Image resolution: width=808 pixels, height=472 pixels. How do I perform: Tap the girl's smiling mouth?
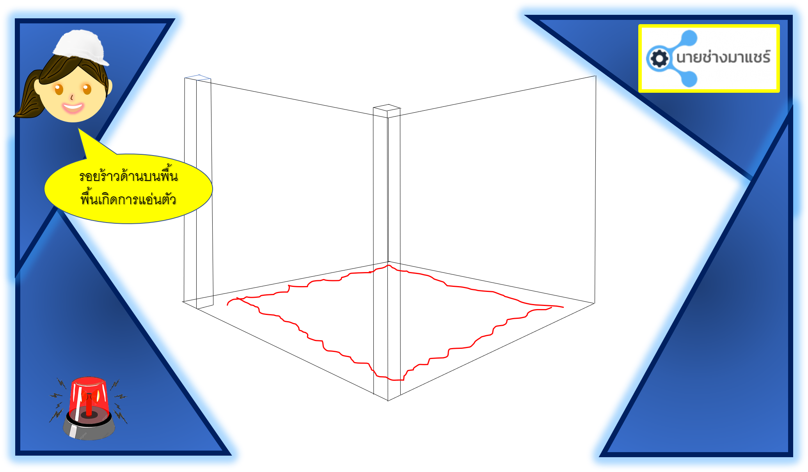point(73,107)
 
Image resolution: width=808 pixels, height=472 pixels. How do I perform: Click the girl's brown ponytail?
point(27,95)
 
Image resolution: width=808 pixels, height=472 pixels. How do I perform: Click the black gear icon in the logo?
point(659,59)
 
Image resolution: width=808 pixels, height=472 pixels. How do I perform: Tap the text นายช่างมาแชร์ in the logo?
point(723,57)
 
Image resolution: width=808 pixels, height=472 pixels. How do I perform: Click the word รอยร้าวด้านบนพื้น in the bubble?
point(128,176)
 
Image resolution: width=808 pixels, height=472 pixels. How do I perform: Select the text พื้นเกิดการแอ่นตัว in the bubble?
point(128,199)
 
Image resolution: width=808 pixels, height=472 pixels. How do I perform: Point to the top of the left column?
point(198,78)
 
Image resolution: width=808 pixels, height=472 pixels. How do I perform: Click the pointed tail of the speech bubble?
point(79,129)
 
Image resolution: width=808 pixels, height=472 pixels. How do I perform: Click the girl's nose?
point(72,97)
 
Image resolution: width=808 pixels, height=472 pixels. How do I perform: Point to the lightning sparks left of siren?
point(57,401)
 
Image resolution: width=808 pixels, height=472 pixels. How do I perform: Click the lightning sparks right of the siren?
point(119,401)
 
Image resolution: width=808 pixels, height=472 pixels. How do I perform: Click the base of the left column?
point(199,304)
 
